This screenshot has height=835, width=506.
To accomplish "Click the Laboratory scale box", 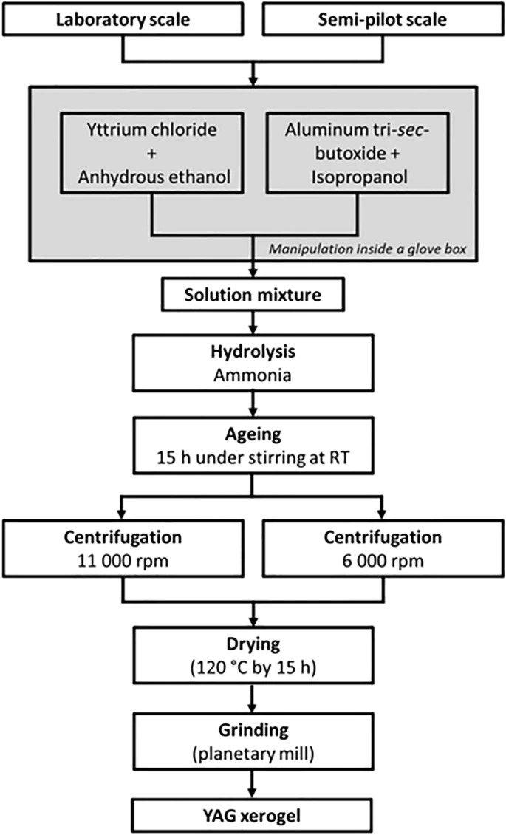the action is [123, 20].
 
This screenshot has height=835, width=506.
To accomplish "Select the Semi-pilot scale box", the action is [383, 20].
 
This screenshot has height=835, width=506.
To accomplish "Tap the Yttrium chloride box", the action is [151, 153].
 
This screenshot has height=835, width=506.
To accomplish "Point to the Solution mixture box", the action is [253, 295].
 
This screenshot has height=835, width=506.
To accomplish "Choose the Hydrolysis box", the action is [253, 363].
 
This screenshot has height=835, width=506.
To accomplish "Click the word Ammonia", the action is [253, 375].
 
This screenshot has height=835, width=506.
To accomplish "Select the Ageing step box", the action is [253, 445].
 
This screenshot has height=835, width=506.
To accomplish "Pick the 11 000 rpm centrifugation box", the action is [123, 548].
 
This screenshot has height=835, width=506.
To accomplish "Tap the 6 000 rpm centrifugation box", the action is [383, 548].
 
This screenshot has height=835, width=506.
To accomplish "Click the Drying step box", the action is [253, 655].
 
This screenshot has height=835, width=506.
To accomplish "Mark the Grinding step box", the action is [253, 741].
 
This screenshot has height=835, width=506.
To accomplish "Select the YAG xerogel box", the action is [253, 816].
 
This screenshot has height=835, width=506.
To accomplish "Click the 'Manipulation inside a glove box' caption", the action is [367, 249].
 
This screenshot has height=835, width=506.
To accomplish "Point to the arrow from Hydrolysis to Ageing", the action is [253, 405].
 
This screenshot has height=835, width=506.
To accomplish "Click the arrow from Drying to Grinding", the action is [253, 699].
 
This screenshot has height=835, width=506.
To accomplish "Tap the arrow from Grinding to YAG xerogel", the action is [253, 785].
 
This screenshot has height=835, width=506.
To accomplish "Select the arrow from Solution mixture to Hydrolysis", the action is [253, 323].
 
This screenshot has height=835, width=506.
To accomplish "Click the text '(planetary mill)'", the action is [253, 754].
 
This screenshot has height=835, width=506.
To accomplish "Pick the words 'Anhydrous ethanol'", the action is [154, 177].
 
